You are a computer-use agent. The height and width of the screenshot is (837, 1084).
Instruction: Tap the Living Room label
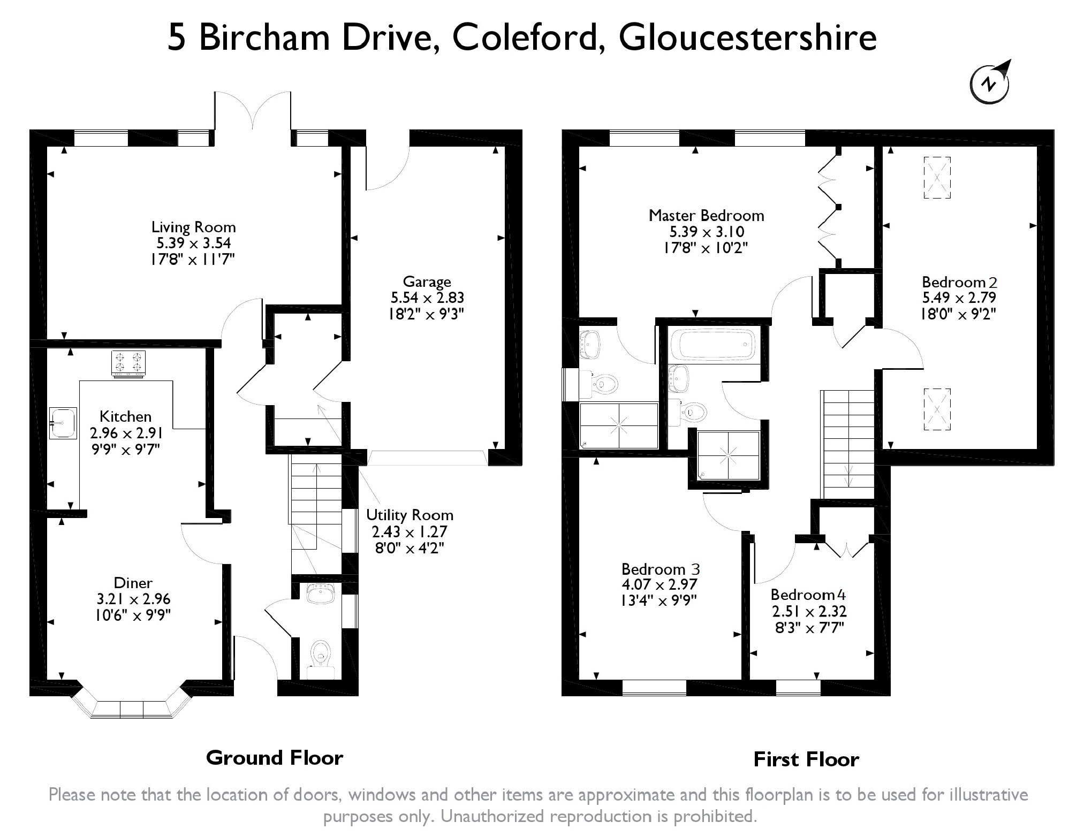(x=193, y=227)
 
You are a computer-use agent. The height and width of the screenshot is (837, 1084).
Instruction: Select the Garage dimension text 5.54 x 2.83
(x=427, y=298)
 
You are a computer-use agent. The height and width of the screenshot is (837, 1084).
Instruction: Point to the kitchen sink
(x=63, y=423)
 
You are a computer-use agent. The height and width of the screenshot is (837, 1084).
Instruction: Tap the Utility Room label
(x=410, y=515)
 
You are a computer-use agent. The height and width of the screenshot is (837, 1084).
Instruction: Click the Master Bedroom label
(x=706, y=216)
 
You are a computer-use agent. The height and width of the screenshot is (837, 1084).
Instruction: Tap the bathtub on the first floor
(x=714, y=345)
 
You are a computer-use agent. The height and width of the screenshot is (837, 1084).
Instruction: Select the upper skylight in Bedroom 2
(x=937, y=178)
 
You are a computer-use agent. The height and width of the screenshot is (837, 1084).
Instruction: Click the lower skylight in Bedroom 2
(x=937, y=409)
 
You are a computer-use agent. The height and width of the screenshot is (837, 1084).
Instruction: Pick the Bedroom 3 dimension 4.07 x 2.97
(x=659, y=584)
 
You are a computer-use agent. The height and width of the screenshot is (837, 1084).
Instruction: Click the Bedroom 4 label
(x=808, y=595)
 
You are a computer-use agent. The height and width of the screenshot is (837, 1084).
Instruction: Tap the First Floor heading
(x=806, y=759)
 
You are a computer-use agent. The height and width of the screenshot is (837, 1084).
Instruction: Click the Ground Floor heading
(x=275, y=758)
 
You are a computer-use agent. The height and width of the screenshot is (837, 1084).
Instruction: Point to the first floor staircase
(x=848, y=444)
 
